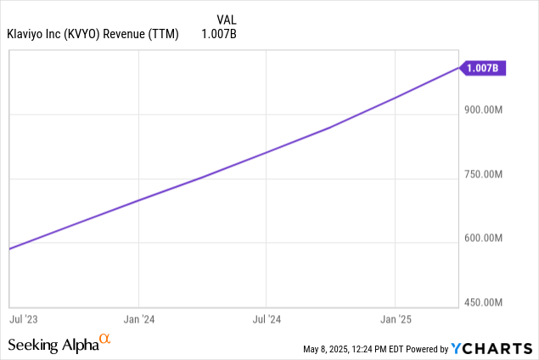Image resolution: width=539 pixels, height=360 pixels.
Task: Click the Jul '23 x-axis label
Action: pos(23,320)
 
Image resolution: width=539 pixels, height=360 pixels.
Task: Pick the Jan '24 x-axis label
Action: pos(138,320)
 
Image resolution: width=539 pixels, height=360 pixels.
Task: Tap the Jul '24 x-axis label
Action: pos(267,320)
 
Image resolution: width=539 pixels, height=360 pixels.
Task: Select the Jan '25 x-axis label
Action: pos(395,320)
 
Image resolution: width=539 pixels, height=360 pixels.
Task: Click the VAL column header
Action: pos(227,17)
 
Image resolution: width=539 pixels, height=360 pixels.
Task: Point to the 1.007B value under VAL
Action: pos(221,33)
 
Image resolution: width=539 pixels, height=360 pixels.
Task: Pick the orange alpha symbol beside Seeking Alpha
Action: pos(105,340)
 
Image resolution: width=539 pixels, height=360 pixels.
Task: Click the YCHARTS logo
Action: pos(492,348)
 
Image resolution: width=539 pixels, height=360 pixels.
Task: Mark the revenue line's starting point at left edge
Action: pos(9,249)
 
